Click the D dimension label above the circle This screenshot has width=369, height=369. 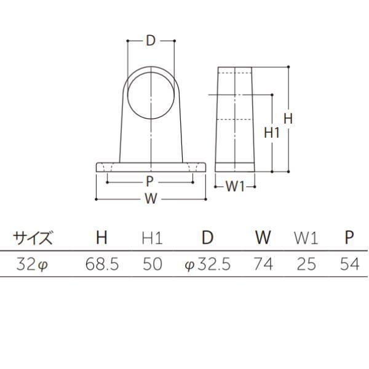[151, 41]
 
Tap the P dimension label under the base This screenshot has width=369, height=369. [150, 181]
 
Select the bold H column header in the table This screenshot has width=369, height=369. [101, 237]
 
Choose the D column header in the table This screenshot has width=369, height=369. [208, 237]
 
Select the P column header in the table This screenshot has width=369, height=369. [348, 237]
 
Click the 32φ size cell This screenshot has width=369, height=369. [31, 264]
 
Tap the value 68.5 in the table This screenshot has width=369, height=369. [101, 264]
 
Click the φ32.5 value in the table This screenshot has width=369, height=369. [207, 264]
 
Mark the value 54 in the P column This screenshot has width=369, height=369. [349, 264]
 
